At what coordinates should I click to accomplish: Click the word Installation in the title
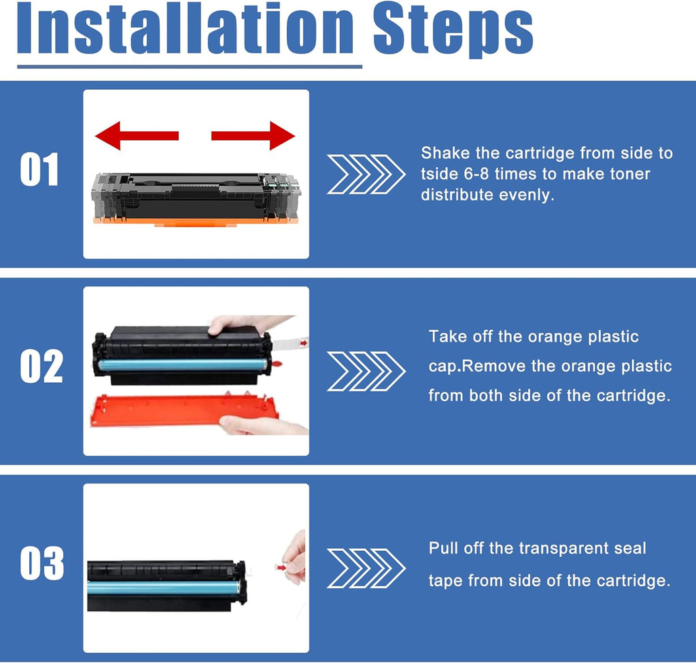tap(186, 29)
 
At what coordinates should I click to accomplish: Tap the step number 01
tap(39, 169)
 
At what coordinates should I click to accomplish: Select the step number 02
tap(41, 367)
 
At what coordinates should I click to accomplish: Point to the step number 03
tap(41, 563)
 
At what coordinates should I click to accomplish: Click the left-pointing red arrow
tap(137, 135)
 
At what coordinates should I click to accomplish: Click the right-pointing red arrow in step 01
tap(253, 135)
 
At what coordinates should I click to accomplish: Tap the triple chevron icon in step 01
tap(366, 175)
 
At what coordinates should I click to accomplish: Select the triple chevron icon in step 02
tap(366, 371)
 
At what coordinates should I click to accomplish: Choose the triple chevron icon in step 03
tap(366, 568)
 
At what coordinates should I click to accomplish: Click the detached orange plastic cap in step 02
tap(184, 410)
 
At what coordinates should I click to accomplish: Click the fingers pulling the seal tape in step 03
tap(295, 558)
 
